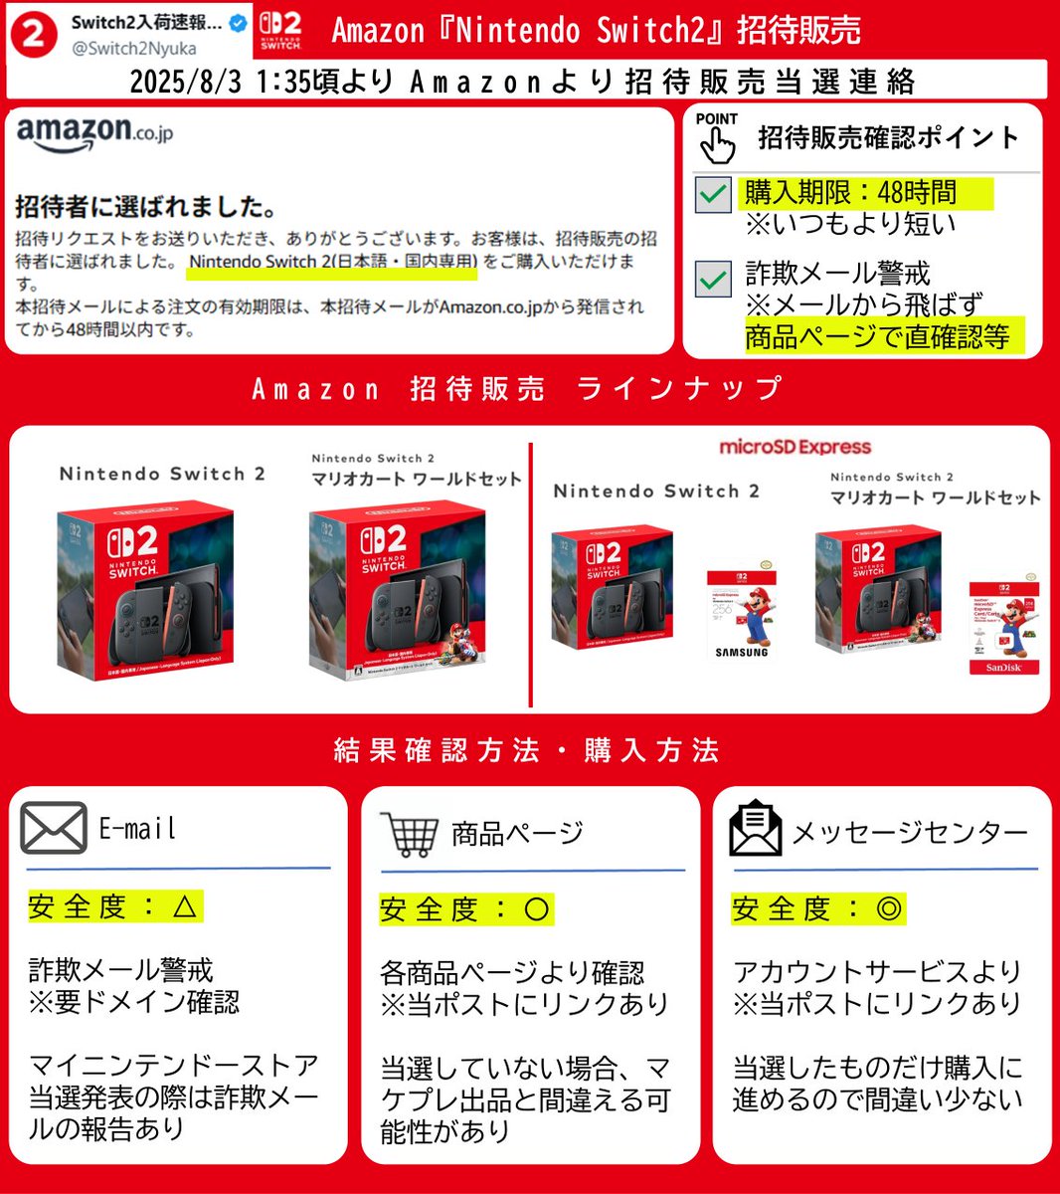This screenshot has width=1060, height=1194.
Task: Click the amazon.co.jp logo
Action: pyautogui.click(x=94, y=133)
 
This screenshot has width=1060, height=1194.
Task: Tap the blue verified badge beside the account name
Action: pyautogui.click(x=239, y=23)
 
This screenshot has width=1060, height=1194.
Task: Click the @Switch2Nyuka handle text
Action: pyautogui.click(x=133, y=48)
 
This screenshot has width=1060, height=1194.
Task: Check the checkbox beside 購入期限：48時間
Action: pyautogui.click(x=713, y=194)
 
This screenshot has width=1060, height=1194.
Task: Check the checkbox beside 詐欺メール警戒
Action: pyautogui.click(x=713, y=280)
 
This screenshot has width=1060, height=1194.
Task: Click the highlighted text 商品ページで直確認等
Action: pyautogui.click(x=877, y=337)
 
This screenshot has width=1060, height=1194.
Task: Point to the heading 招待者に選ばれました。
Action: pyautogui.click(x=146, y=207)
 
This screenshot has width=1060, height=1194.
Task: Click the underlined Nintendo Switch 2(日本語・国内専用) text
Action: pyautogui.click(x=333, y=262)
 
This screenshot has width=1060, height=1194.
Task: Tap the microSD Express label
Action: pyautogui.click(x=795, y=448)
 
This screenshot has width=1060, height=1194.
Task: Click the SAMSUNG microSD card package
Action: pyautogui.click(x=742, y=615)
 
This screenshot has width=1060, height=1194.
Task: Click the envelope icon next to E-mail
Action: pyautogui.click(x=54, y=828)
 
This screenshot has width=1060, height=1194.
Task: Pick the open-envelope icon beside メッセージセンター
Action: pyautogui.click(x=756, y=828)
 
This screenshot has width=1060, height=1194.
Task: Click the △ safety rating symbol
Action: pyautogui.click(x=186, y=906)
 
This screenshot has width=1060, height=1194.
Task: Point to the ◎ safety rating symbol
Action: pyautogui.click(x=889, y=908)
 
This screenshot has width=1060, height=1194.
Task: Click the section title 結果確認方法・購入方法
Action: pyautogui.click(x=527, y=749)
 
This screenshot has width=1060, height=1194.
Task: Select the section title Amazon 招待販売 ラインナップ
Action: pyautogui.click(x=517, y=388)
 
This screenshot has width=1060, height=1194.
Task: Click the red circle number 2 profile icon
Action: pyautogui.click(x=33, y=33)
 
